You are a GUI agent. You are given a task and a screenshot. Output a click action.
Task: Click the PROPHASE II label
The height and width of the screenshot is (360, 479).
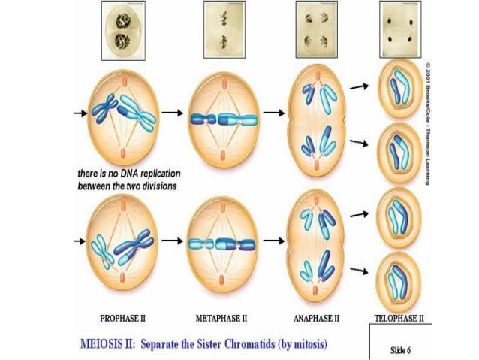click(125, 318)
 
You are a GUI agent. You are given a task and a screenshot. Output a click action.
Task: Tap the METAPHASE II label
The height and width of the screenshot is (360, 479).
click(222, 318)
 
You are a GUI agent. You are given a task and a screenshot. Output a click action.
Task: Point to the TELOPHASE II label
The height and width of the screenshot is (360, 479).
click(399, 318)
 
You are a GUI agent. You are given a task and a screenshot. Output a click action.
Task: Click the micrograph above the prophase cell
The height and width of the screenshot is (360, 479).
click(123, 28)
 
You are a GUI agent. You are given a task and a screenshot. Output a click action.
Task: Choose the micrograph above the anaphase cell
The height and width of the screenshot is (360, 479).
click(314, 27)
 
